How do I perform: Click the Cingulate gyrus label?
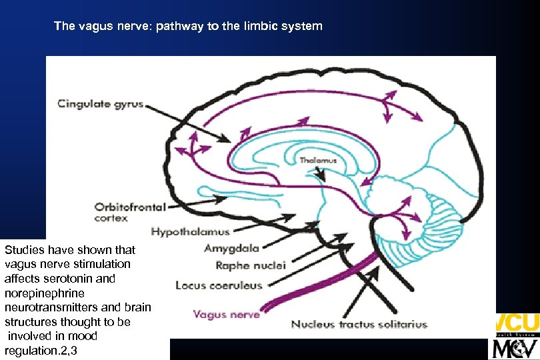pos(100,103)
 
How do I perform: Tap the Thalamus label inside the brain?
pos(318,161)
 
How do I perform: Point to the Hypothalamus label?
pos(190,232)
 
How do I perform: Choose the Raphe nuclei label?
pos(250,265)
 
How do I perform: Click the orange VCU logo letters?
pos(517,323)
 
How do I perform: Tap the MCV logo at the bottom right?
pos(515,348)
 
